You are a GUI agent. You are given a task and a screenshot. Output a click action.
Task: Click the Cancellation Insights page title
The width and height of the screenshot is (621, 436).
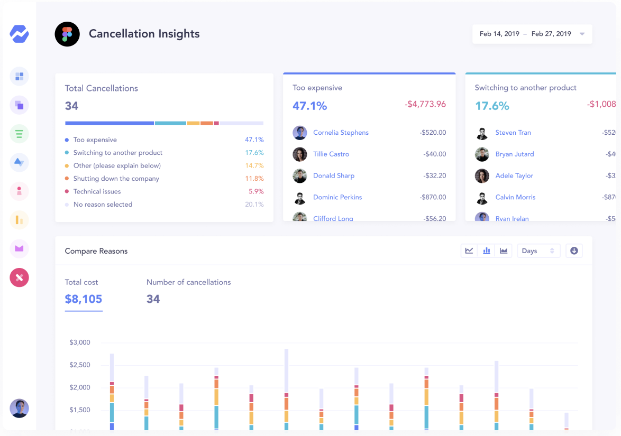[144, 34]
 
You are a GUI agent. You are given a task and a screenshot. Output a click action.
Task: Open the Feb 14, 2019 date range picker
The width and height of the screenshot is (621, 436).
[532, 34]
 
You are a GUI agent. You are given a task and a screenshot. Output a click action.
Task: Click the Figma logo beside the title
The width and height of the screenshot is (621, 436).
[67, 34]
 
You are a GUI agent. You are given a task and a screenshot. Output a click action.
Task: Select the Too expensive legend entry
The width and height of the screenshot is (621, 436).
[95, 140]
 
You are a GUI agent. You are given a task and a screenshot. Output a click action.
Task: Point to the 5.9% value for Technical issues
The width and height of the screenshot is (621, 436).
[256, 192]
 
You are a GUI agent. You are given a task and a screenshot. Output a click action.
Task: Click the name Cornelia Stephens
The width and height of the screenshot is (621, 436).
[341, 133]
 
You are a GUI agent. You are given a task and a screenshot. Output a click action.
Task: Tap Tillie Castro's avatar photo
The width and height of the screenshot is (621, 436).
[300, 154]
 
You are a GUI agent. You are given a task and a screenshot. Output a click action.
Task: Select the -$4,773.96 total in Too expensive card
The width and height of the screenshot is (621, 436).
[425, 105]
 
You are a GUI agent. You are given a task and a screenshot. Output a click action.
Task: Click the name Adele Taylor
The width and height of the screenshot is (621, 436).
[514, 176]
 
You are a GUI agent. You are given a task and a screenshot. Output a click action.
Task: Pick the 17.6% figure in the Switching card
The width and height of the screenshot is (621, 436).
[492, 106]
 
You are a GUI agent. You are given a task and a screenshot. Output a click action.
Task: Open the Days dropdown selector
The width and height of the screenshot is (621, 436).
[538, 251]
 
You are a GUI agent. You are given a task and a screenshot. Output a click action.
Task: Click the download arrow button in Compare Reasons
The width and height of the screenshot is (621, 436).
[574, 251]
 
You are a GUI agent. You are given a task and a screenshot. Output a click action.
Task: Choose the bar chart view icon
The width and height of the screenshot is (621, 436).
[486, 251]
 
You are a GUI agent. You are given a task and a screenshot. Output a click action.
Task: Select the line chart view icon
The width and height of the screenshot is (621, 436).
[469, 251]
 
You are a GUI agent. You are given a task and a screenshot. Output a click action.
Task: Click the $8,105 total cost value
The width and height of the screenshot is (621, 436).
[84, 299]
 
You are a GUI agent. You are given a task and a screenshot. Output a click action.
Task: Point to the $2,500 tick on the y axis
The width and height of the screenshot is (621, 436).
[80, 365]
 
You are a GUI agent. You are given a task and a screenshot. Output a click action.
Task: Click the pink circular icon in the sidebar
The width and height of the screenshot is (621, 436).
[19, 277]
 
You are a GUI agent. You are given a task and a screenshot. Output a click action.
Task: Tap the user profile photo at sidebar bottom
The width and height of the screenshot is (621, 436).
[19, 408]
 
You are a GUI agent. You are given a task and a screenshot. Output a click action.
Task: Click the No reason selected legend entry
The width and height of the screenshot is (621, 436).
[103, 205]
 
